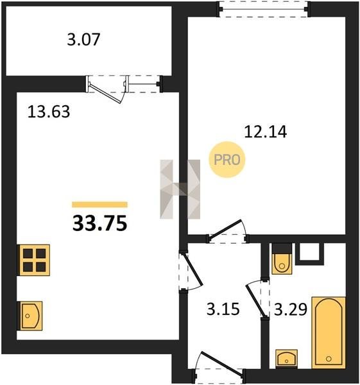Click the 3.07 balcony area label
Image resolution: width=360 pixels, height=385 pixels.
83,40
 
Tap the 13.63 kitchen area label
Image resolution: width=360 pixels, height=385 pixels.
49,112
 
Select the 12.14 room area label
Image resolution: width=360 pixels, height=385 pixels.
266,132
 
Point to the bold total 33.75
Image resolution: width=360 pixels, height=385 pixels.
99,223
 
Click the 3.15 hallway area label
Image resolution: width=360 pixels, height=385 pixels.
223,309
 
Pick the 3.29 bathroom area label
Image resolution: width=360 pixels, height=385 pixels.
291,309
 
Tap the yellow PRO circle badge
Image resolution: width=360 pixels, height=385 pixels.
227,160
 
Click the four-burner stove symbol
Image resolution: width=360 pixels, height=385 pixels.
33,260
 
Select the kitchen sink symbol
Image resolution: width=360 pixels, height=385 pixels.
30,316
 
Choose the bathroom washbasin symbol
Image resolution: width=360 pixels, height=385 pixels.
286,359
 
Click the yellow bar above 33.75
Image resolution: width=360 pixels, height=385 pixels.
99,205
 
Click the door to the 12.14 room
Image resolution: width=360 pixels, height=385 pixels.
227,232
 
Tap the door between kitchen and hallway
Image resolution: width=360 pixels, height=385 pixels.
191,271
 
